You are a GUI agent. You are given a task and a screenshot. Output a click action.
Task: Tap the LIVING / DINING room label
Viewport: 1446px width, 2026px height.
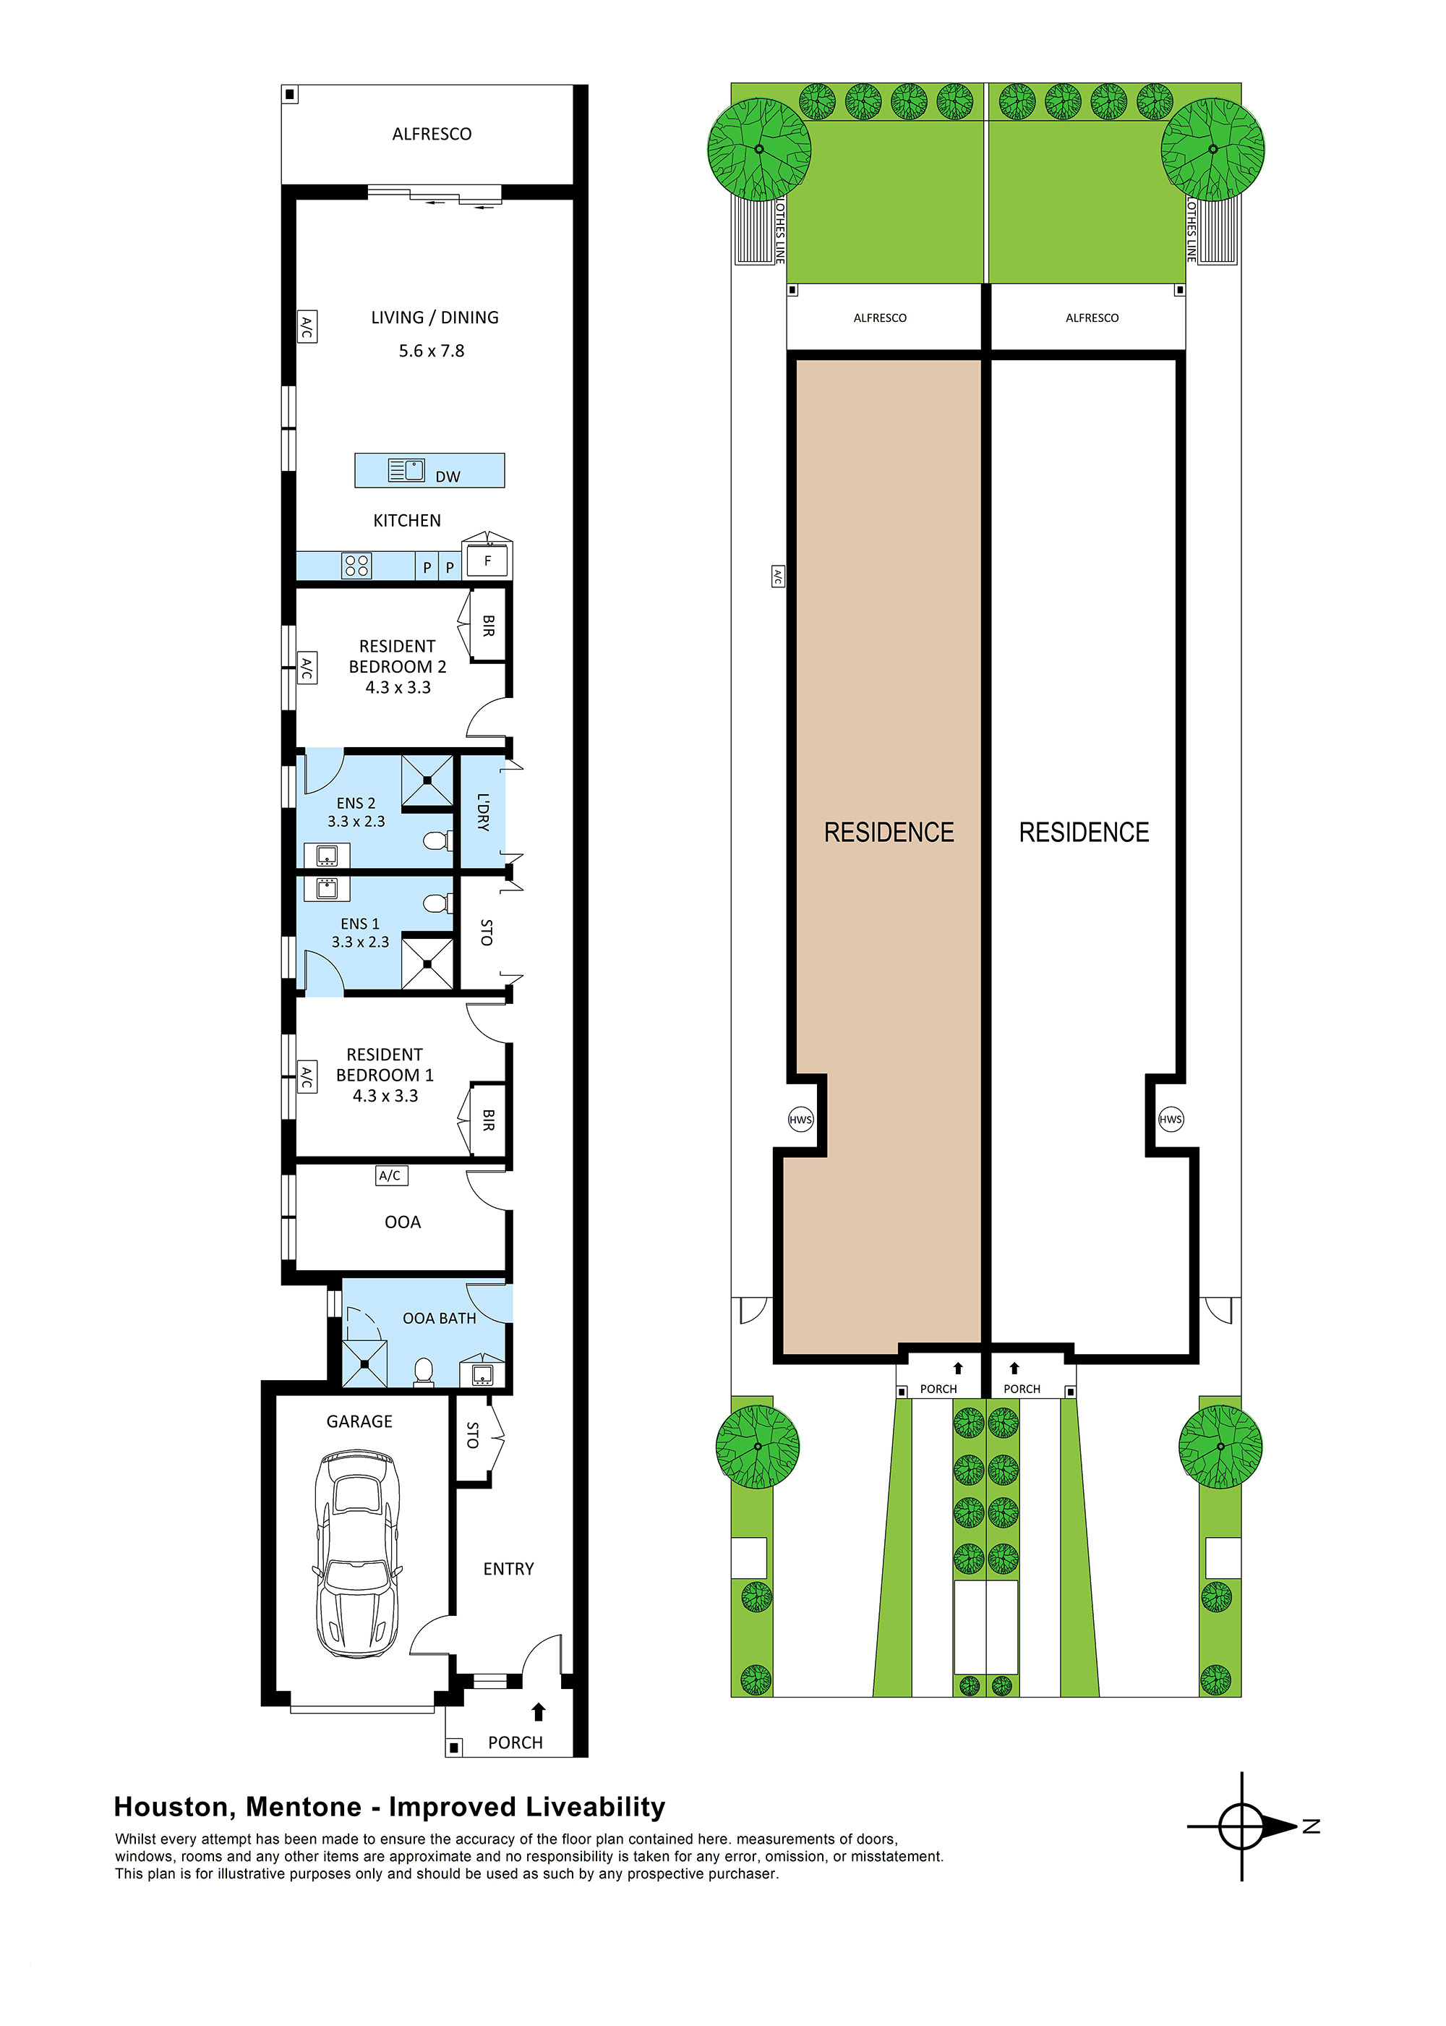coord(435,318)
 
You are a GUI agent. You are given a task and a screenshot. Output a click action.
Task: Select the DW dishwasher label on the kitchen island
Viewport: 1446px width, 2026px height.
coord(448,477)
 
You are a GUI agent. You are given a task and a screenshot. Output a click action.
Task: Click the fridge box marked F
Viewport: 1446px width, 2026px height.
coord(487,561)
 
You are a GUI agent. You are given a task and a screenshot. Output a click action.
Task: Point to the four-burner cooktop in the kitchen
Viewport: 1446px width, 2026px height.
coord(356,566)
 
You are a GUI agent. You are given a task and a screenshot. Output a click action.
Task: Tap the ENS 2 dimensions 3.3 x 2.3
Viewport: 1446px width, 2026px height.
coord(356,821)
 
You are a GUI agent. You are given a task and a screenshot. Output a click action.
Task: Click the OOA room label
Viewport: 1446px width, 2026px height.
coord(403,1222)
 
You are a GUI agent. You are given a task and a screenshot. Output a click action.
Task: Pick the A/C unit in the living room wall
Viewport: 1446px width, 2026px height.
coord(307,327)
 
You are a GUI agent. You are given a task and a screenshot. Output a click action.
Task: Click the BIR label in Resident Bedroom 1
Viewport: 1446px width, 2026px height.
coord(488,1120)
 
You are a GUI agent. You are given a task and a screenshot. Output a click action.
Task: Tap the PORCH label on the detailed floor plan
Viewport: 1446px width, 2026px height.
coord(515,1742)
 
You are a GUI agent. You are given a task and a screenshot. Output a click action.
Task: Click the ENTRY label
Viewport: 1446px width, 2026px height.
coord(508,1568)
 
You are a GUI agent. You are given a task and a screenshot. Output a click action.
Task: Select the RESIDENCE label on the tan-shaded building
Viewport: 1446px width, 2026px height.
coord(889,832)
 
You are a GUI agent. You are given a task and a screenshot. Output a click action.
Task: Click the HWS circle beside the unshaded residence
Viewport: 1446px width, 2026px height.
coord(1170,1120)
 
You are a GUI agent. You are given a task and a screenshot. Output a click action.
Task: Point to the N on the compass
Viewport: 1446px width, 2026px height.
coord(1311,1826)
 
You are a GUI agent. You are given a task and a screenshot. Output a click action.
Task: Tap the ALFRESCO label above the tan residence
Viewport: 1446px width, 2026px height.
coord(880,318)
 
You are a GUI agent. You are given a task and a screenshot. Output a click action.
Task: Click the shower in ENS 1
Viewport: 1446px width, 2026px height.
coord(427,963)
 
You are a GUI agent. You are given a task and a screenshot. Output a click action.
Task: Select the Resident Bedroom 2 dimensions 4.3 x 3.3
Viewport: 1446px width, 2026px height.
coord(398,687)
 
